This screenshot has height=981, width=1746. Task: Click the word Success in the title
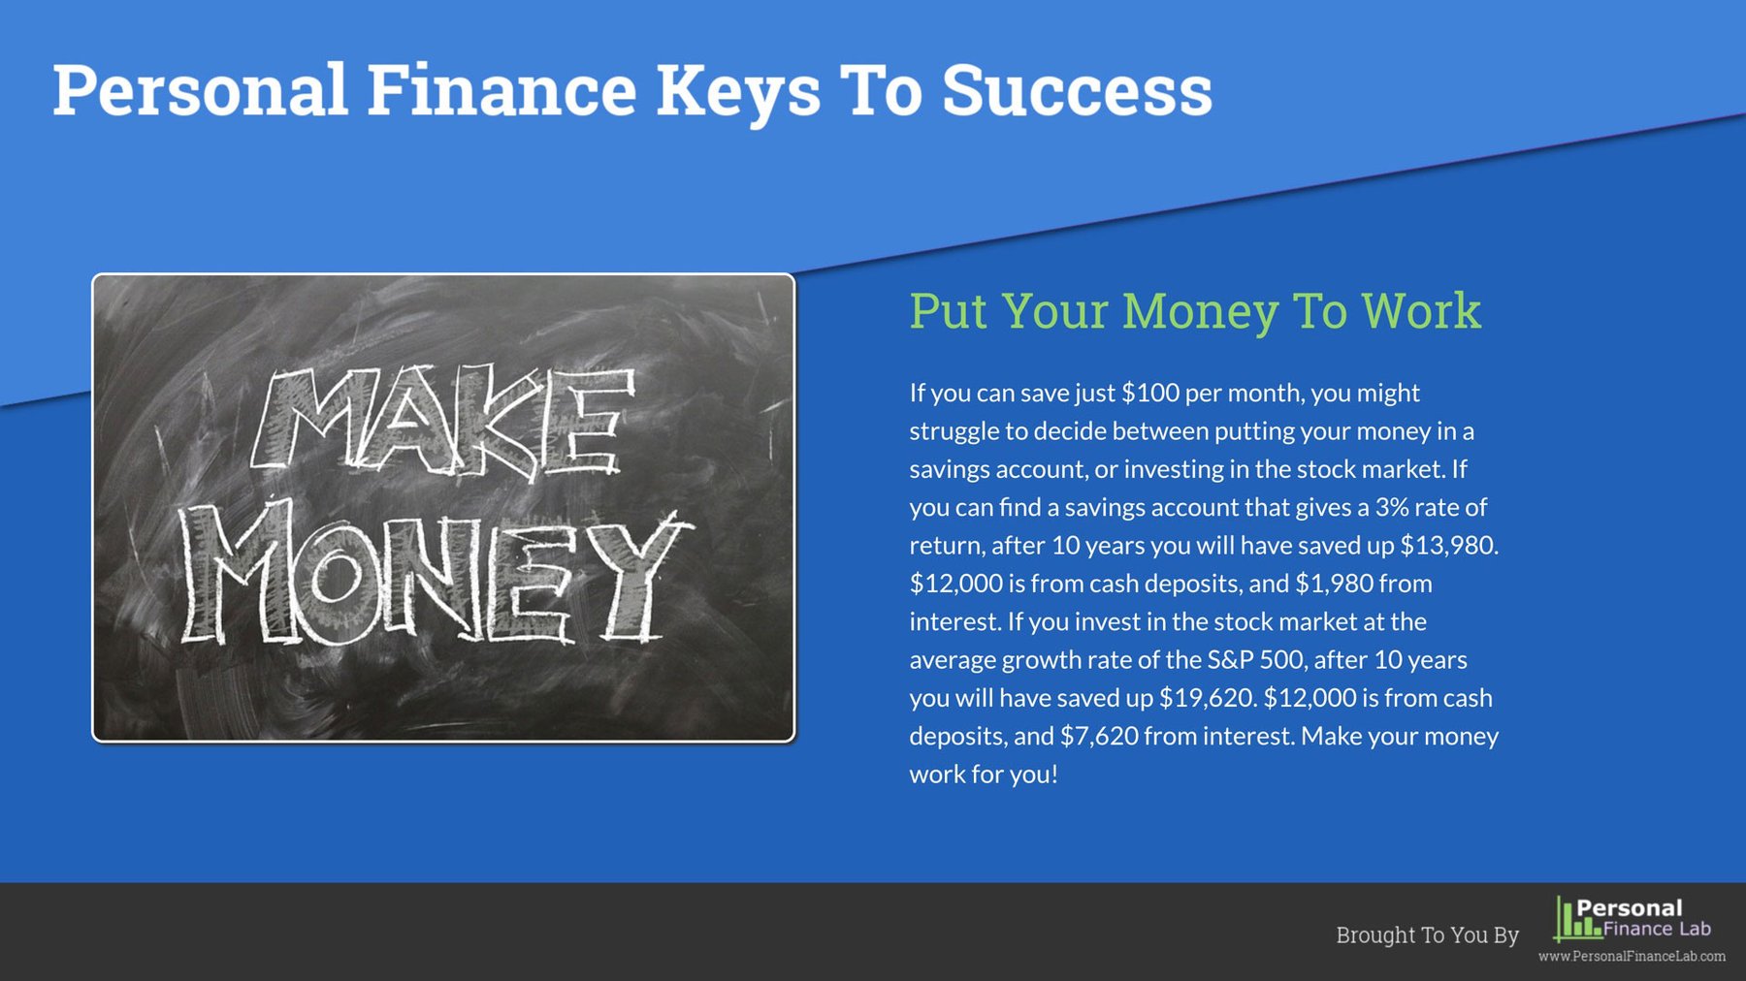(1077, 90)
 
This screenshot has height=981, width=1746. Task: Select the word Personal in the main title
(200, 90)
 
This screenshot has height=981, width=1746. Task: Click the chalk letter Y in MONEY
(640, 577)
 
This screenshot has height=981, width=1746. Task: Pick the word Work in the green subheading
(1421, 311)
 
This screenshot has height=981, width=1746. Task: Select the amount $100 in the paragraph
(1150, 393)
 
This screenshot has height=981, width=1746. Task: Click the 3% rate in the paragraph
(1391, 507)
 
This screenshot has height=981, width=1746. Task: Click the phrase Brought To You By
(1427, 934)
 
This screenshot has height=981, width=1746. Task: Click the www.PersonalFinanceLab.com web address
(1632, 957)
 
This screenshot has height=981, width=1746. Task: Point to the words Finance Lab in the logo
(1657, 929)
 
